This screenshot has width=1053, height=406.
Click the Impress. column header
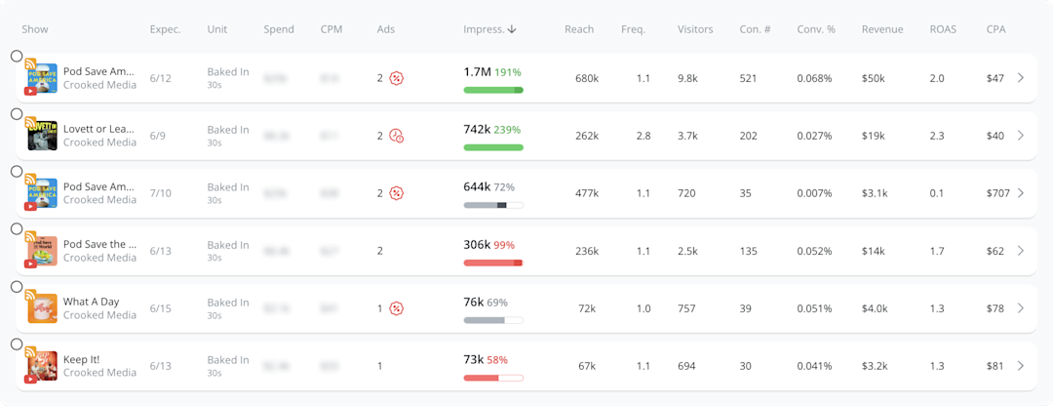point(489,29)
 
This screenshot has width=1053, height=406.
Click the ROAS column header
point(943,29)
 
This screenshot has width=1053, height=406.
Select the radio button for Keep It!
point(17,345)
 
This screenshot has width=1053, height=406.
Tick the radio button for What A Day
point(17,287)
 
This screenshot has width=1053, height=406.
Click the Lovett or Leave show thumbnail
point(43,136)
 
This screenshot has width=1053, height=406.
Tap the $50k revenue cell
point(875,78)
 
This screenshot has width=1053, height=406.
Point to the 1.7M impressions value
point(477,72)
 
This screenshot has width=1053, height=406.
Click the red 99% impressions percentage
point(504,245)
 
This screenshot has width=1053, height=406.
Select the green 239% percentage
point(507,130)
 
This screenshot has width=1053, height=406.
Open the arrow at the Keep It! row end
point(1021,366)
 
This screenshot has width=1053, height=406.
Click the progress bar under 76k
point(493,320)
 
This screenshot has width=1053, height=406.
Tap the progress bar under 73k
point(493,378)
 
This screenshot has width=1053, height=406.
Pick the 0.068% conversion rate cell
point(814,78)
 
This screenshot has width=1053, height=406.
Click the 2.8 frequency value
point(643,136)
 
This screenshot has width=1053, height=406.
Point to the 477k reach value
point(586,193)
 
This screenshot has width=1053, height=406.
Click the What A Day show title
point(90,303)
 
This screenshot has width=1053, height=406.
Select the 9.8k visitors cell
point(687,78)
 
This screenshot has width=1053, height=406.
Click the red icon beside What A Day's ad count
point(396,308)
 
